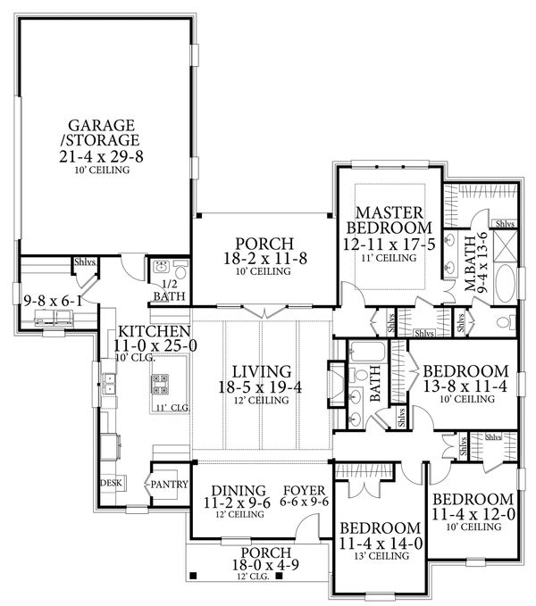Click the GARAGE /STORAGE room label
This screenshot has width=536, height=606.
pos(107,132)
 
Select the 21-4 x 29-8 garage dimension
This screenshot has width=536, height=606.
pos(107,156)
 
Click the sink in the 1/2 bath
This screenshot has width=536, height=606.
pos(162,266)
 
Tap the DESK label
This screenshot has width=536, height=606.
pos(112,483)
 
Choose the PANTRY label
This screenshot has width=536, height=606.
pos(168,485)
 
